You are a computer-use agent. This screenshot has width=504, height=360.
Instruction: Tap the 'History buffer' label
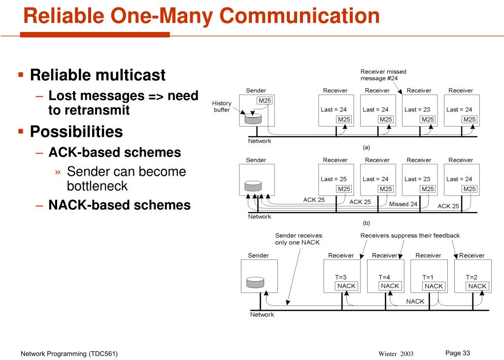click(222, 106)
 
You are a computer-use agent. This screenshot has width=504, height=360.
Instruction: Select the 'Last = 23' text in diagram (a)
click(417, 110)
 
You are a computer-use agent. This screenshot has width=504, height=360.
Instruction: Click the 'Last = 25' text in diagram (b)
click(334, 179)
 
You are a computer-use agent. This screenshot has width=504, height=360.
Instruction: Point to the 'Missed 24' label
click(403, 204)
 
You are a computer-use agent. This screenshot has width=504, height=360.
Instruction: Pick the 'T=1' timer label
click(428, 277)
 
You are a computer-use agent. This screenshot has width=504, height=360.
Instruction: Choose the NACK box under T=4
click(390, 286)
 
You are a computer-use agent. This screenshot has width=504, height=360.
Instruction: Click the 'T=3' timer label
click(341, 277)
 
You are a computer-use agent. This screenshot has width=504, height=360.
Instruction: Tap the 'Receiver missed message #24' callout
click(383, 75)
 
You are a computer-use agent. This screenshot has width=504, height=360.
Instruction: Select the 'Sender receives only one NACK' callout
click(299, 239)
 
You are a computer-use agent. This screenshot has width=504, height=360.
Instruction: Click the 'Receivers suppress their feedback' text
click(410, 235)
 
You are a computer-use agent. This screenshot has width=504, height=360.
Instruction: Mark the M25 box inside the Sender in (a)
click(265, 100)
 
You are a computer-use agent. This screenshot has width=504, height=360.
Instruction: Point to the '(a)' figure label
click(366, 148)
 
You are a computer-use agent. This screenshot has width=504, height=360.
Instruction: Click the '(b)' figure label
click(366, 223)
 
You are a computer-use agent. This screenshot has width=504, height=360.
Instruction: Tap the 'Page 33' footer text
click(458, 353)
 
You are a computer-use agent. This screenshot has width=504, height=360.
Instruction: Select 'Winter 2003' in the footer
click(396, 354)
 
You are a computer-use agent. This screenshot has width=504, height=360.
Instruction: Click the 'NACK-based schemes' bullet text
click(120, 205)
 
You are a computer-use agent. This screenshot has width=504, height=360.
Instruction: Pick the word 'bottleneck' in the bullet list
click(97, 186)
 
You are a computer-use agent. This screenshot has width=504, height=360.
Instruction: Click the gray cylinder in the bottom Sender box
click(255, 282)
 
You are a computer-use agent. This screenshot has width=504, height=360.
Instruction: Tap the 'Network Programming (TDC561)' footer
click(69, 354)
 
